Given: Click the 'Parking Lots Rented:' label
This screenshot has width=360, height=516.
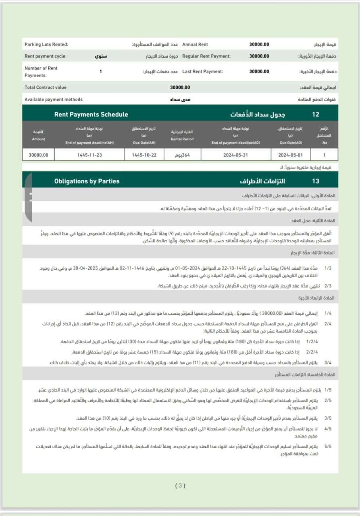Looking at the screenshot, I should (46, 44).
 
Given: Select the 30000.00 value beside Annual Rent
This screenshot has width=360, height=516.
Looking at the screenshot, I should (259, 44).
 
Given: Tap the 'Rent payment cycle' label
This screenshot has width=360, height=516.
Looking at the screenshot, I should (45, 56).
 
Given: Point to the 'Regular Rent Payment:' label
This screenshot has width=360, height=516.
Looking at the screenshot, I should (206, 56).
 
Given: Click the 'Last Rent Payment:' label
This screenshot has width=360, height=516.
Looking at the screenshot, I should (202, 71).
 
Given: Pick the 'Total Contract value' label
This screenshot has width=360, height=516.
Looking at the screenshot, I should (46, 87).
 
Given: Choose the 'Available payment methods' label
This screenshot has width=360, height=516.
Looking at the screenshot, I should (53, 99).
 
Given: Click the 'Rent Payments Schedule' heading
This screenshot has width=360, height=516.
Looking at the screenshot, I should (91, 114).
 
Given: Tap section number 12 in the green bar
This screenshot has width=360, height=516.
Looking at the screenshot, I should (316, 114).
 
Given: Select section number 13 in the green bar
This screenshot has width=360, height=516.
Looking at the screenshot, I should (316, 181).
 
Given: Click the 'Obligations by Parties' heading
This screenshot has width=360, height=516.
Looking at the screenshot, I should (87, 181).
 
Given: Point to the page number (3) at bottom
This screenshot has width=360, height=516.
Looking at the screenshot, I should (180, 486).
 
